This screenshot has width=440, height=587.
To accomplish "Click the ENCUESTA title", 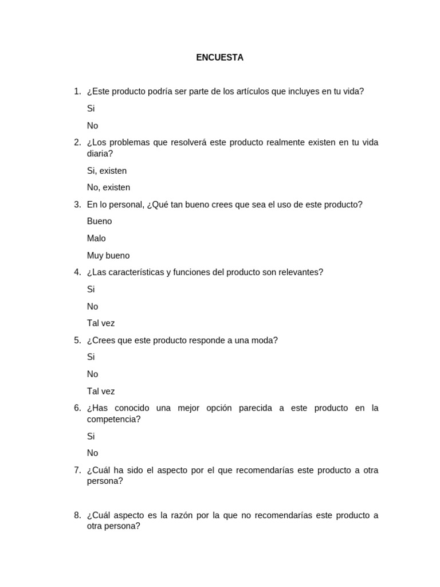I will click(x=219, y=57).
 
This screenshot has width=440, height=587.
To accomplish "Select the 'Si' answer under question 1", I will click(x=91, y=108).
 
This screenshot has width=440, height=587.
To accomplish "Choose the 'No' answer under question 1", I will click(x=92, y=126).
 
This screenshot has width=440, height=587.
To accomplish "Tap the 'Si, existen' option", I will click(x=107, y=170).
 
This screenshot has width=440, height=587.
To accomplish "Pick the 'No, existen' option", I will click(x=108, y=187).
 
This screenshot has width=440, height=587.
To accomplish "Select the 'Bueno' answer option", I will click(x=99, y=221).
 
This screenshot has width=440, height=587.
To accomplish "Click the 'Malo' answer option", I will click(x=96, y=238).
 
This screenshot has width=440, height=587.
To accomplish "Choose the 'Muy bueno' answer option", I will click(x=108, y=256).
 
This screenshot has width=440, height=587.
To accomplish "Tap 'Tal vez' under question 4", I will click(x=101, y=323).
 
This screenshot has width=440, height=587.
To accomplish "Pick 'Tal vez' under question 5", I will click(x=101, y=392).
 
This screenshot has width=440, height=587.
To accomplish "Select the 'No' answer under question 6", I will click(x=92, y=453).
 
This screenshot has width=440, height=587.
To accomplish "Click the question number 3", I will click(x=77, y=205).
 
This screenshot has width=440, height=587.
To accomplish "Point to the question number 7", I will click(x=77, y=470).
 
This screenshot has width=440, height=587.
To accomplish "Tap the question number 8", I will click(x=77, y=515).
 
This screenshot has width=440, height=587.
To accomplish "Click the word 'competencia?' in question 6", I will click(x=113, y=419).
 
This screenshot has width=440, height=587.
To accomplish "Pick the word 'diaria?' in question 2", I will click(x=100, y=154).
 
